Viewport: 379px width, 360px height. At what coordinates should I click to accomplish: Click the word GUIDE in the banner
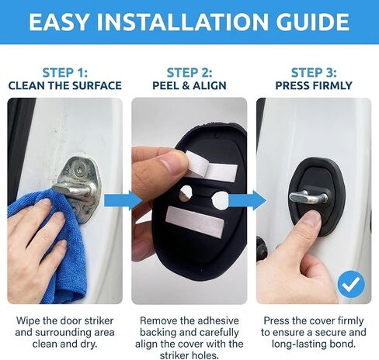tap(313, 22)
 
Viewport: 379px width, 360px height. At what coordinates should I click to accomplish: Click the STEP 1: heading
tap(65, 73)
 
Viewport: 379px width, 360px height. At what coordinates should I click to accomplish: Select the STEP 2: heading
tap(189, 73)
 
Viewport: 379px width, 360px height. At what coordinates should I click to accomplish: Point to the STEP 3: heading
tap(314, 73)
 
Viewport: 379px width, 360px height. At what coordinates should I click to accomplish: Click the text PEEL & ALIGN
tap(189, 85)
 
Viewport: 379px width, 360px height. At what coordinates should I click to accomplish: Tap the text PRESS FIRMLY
tap(314, 85)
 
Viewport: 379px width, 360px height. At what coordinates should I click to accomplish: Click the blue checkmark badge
tap(351, 284)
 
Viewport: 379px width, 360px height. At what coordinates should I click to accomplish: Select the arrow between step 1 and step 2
tap(123, 200)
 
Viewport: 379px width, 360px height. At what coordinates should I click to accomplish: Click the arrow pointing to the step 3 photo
tap(248, 200)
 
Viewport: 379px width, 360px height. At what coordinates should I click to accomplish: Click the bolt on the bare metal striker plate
tap(78, 169)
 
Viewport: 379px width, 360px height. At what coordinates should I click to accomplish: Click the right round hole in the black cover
tap(220, 200)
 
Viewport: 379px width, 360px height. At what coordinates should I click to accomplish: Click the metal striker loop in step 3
tap(308, 197)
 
